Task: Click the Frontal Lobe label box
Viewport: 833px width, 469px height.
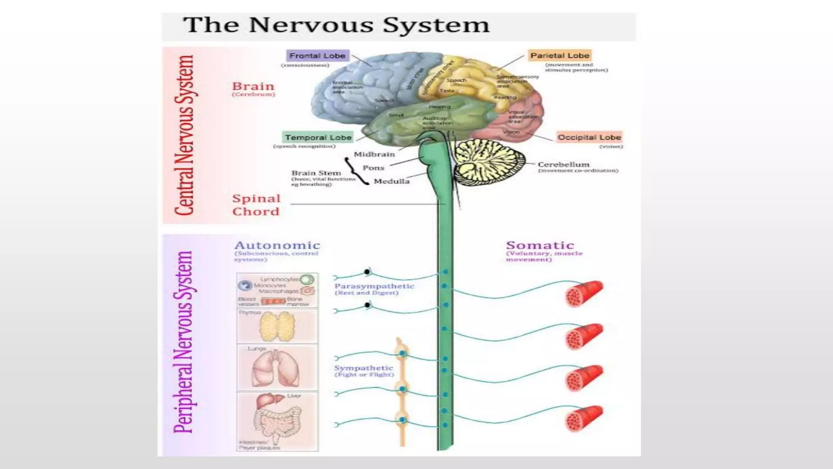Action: (x=317, y=56)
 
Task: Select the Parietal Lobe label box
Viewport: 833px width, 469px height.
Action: (x=560, y=55)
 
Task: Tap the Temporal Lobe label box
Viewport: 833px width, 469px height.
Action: (x=318, y=138)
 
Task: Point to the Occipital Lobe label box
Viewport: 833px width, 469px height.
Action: (x=589, y=137)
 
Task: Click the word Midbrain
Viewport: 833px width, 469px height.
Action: (x=374, y=154)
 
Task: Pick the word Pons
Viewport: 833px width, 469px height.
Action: (x=373, y=168)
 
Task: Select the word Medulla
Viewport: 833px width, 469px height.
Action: (x=391, y=181)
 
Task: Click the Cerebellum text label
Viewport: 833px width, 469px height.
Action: (x=563, y=164)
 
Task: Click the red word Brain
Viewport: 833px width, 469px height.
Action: (x=253, y=86)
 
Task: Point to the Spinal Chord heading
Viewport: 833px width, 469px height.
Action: (x=256, y=205)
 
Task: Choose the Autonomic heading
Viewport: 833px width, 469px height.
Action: (x=277, y=245)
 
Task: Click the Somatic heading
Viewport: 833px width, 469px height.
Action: (x=540, y=245)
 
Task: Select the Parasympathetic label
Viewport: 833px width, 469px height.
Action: (x=374, y=286)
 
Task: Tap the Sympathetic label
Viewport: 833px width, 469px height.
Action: (x=364, y=368)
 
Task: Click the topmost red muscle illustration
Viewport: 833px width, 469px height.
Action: (x=584, y=293)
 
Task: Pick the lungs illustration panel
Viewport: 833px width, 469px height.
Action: (x=277, y=368)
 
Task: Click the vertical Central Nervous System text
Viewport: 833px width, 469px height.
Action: (x=184, y=135)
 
